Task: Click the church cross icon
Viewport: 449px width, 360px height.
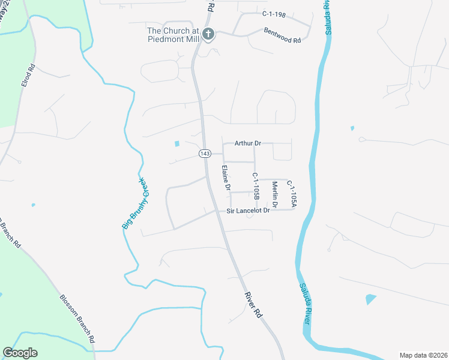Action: pyautogui.click(x=208, y=34)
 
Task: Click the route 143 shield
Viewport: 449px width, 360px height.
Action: pyautogui.click(x=205, y=154)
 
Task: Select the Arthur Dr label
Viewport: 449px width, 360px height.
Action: pyautogui.click(x=249, y=143)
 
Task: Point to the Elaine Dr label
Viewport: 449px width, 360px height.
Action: pyautogui.click(x=226, y=178)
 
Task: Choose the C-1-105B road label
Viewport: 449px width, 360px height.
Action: pyautogui.click(x=255, y=186)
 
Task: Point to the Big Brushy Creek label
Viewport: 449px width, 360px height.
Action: pyautogui.click(x=134, y=203)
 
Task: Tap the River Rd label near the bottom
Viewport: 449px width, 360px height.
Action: pyautogui.click(x=254, y=305)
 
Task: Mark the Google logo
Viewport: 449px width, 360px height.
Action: pyautogui.click(x=20, y=353)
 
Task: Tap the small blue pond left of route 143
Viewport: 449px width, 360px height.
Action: pyautogui.click(x=176, y=143)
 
